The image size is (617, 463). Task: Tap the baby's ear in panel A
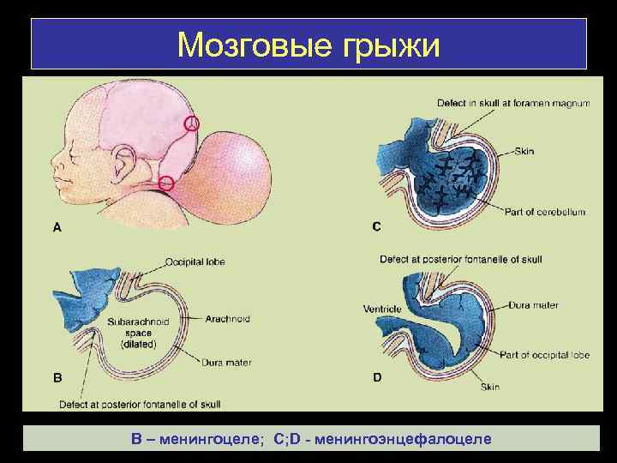(x=126, y=162)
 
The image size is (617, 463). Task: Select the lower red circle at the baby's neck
(x=167, y=183)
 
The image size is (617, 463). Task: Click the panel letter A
(x=57, y=227)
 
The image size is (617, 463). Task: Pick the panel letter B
(x=57, y=376)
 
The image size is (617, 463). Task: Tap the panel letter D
(x=377, y=376)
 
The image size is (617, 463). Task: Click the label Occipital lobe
(x=196, y=262)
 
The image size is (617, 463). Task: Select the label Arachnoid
(x=228, y=319)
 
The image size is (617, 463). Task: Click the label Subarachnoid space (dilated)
(x=139, y=333)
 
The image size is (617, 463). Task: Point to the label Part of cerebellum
(x=544, y=212)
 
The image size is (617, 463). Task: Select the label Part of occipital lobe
(x=542, y=354)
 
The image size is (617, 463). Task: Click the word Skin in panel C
(x=524, y=151)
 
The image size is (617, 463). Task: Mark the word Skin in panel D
(x=489, y=387)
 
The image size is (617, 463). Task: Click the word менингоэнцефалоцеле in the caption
(x=404, y=439)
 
